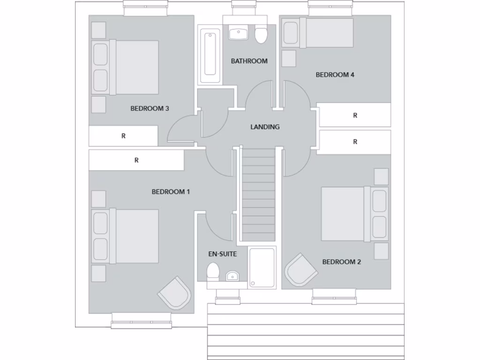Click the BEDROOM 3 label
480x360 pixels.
[150, 109]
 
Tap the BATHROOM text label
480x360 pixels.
[249, 61]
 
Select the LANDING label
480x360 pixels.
[265, 127]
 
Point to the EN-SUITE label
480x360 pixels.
[222, 254]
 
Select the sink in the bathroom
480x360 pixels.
[239, 33]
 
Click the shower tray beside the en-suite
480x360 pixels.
[262, 267]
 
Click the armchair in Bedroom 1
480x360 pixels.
[175, 292]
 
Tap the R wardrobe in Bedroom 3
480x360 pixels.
[123, 136]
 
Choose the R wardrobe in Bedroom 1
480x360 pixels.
[136, 160]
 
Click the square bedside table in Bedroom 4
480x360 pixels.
[289, 59]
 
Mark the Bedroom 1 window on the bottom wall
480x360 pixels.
[142, 321]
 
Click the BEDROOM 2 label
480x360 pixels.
[341, 262]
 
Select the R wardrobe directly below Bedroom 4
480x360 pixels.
[354, 115]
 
